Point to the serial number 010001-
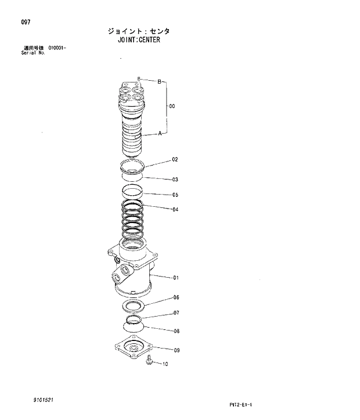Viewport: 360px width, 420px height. [x=57, y=48]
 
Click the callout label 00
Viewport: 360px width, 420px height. [x=172, y=106]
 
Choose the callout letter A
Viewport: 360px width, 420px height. [x=160, y=134]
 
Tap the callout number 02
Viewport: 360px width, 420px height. [x=175, y=159]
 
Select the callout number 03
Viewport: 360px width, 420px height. [x=175, y=180]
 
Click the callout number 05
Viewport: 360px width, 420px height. [x=175, y=195]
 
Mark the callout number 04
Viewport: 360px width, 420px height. [x=175, y=209]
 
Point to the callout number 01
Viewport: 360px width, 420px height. [x=175, y=278]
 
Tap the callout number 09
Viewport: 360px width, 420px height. [x=176, y=350]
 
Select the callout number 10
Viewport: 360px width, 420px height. [x=165, y=365]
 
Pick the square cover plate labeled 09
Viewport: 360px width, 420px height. [x=137, y=348]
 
